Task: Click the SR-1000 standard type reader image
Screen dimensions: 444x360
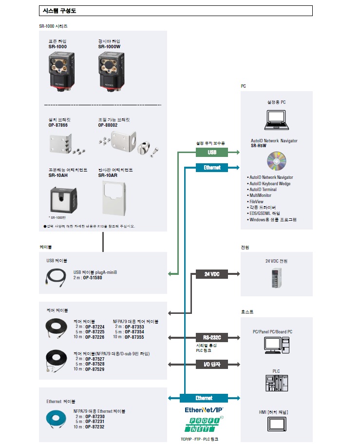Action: tap(63, 70)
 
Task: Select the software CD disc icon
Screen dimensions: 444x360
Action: tap(276, 161)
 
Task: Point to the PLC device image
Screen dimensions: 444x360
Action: tap(277, 384)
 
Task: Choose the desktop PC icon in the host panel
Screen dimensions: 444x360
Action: tap(277, 345)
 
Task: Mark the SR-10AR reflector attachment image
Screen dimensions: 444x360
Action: tap(113, 197)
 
